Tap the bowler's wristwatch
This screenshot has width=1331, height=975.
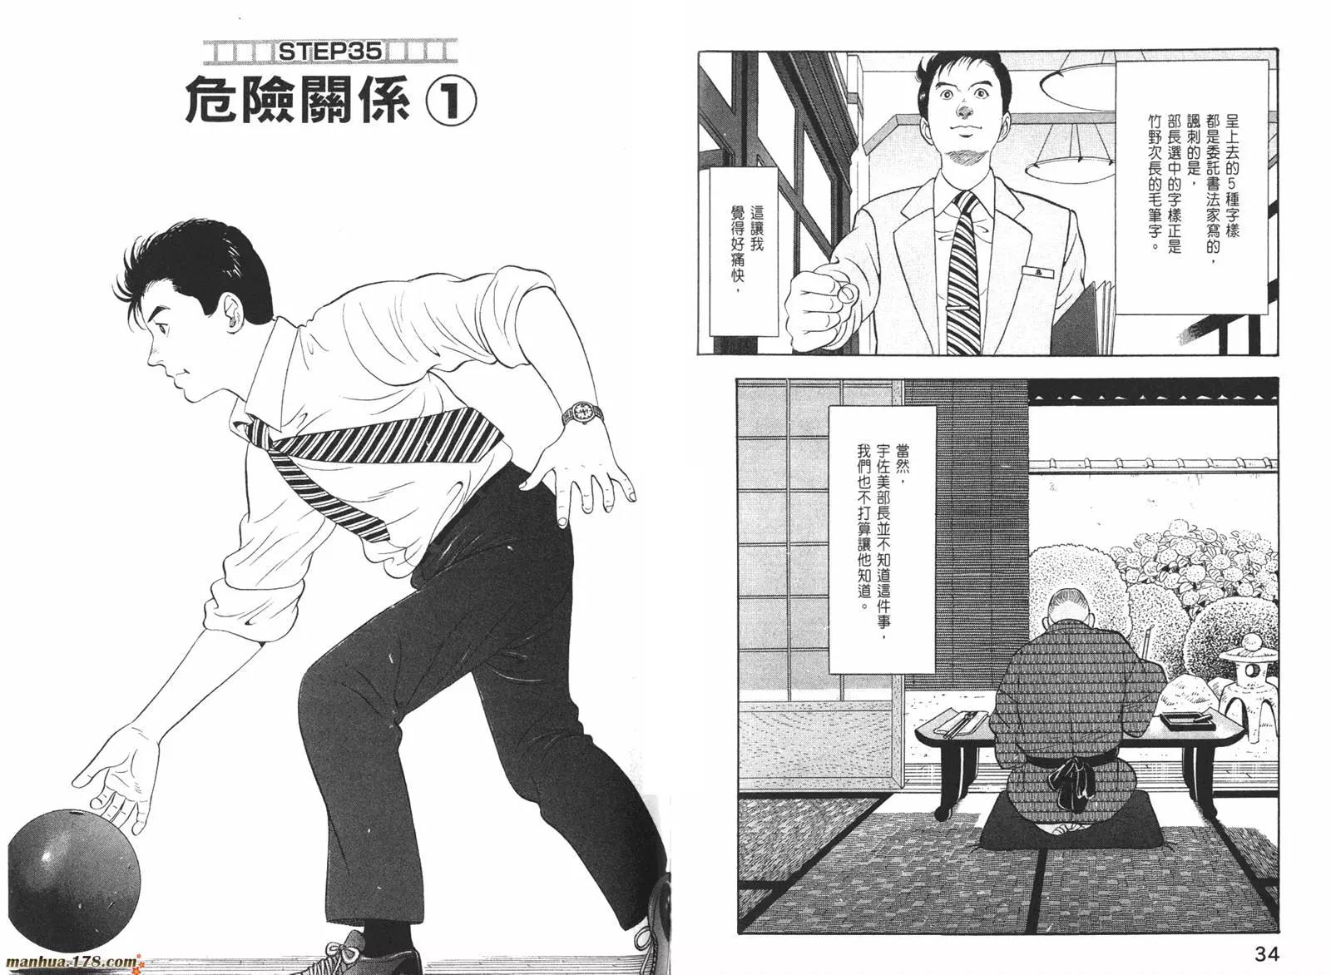pos(581,413)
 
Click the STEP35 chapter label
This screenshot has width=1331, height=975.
pos(330,52)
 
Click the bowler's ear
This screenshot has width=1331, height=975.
pos(234,313)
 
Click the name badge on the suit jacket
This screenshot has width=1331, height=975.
pos(1037,271)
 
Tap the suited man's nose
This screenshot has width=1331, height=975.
pos(967,109)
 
